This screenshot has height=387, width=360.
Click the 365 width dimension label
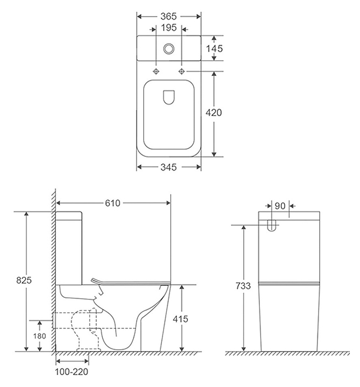(x=168, y=17)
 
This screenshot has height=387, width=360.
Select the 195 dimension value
(x=169, y=27)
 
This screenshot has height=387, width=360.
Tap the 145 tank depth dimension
(x=214, y=48)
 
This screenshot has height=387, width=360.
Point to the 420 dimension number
(x=214, y=112)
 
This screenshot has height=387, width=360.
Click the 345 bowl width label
(x=168, y=167)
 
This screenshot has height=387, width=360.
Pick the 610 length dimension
(x=112, y=203)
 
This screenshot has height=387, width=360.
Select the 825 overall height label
(x=24, y=281)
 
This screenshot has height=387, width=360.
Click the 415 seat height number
(x=180, y=319)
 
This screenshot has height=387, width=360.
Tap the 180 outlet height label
(x=39, y=336)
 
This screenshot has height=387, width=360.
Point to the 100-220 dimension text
(x=72, y=372)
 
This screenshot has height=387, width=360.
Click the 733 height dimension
(x=243, y=286)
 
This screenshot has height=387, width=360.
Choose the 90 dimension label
(x=280, y=206)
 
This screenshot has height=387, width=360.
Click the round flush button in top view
(x=169, y=48)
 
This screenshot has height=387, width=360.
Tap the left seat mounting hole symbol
(x=156, y=71)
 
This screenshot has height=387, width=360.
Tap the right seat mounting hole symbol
(x=181, y=71)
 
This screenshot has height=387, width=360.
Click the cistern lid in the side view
(x=69, y=216)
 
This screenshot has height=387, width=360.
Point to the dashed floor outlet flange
(x=89, y=350)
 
